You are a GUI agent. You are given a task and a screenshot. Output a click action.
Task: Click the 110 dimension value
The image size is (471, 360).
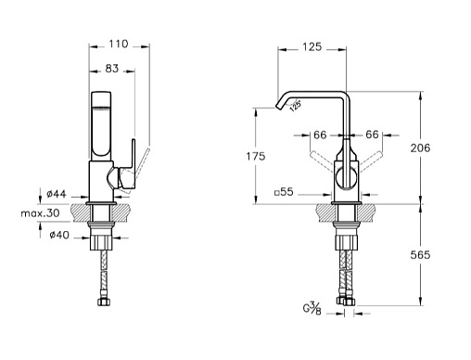tap(118, 44)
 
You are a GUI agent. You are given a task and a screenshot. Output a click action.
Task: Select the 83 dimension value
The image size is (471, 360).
tap(112, 69)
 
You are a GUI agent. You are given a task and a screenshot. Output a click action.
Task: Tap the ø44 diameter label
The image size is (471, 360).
tap(57, 194)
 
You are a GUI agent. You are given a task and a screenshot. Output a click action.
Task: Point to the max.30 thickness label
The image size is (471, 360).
tap(40, 213)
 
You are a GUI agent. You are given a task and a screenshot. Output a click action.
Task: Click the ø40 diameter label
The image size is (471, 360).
tap(59, 235)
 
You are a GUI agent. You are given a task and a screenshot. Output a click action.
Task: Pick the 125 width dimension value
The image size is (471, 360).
tap(312, 47)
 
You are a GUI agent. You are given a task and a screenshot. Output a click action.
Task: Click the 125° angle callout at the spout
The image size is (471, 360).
tap(296, 105)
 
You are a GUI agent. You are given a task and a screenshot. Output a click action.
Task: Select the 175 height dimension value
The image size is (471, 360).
tap(256, 156)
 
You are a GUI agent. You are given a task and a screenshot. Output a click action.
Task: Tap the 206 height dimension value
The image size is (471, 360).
tap(420, 148)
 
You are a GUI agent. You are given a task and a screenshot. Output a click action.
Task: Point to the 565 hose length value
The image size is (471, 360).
tap(420, 255)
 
